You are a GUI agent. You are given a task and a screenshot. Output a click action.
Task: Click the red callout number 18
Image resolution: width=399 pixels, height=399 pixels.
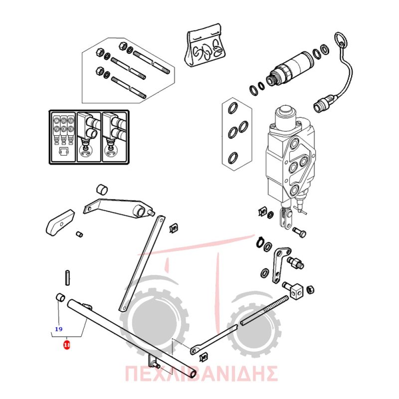(67, 345)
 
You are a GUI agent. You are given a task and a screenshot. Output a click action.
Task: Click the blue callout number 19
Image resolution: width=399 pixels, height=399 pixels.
(59, 329)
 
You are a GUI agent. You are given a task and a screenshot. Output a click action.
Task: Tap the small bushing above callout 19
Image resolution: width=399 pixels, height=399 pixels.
(60, 297)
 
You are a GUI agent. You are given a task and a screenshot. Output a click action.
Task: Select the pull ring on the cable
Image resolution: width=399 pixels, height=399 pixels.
(340, 40)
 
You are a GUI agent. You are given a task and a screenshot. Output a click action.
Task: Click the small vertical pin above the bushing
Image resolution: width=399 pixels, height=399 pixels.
(67, 278)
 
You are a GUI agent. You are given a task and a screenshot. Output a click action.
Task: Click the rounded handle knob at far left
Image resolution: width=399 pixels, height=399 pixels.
(60, 222)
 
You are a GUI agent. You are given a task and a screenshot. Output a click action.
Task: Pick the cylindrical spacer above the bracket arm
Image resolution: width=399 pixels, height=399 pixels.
(102, 189)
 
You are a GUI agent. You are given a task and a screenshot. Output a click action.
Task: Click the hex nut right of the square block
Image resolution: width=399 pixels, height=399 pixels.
(310, 290)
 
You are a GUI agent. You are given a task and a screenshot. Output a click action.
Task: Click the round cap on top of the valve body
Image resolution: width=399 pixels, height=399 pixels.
(285, 111)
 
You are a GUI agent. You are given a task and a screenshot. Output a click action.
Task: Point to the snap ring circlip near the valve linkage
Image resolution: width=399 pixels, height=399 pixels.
(259, 242)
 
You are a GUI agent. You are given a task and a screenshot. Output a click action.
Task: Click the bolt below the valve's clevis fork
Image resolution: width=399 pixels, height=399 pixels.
(299, 231)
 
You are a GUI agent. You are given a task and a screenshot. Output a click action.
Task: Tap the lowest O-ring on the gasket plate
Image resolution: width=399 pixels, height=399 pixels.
(233, 159)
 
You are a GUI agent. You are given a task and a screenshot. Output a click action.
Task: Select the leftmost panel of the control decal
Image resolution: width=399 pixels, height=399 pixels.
(63, 137)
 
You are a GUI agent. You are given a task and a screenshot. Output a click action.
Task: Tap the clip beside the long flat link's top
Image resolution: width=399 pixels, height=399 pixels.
(174, 228)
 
